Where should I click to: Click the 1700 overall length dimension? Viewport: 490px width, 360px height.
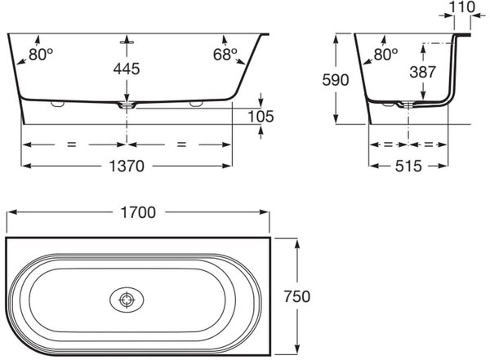coord(138,212)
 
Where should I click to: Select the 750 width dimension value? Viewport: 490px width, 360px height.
coord(297,296)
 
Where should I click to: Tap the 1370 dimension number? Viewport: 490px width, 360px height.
coord(127,166)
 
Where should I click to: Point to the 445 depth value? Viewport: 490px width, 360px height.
coord(127,69)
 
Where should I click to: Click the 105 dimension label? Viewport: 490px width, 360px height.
coord(261,117)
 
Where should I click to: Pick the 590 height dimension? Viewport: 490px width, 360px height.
coord(336,80)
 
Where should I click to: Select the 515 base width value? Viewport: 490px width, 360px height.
coord(408,166)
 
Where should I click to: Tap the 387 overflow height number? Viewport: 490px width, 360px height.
coord(422,72)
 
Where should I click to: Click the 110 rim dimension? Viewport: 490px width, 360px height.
coord(462,7)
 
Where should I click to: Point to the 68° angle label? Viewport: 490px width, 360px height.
coord(225,55)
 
